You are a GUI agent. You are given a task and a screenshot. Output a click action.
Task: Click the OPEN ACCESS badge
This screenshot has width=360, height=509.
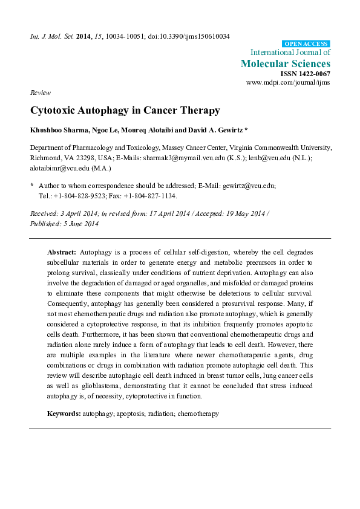(x=306, y=44)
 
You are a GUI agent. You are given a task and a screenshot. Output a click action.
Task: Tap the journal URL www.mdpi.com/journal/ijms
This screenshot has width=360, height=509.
(x=288, y=82)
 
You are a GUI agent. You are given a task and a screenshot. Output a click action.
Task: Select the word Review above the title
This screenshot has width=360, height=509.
(x=40, y=92)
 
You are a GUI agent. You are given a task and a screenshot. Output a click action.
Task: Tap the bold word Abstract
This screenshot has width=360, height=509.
(x=62, y=251)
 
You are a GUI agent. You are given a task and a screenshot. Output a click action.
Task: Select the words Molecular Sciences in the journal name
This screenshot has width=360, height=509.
(x=286, y=63)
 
